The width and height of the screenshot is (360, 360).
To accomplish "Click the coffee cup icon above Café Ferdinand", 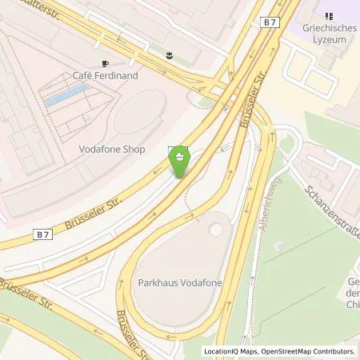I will click(105, 62).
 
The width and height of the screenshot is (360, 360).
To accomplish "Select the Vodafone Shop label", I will click(112, 148).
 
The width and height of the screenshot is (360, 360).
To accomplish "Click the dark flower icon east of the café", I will click(170, 56).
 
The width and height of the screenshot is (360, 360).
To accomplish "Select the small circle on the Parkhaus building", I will click(216, 230).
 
